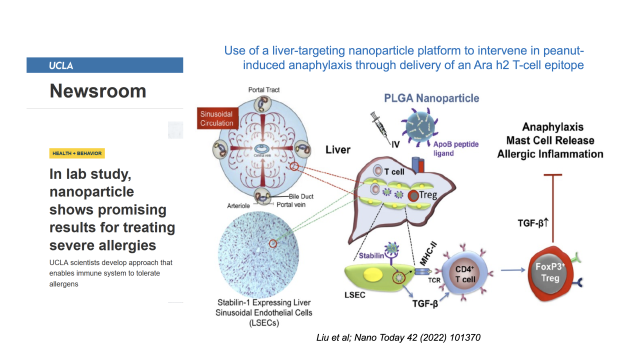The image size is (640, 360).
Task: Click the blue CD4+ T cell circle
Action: point(462,273)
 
